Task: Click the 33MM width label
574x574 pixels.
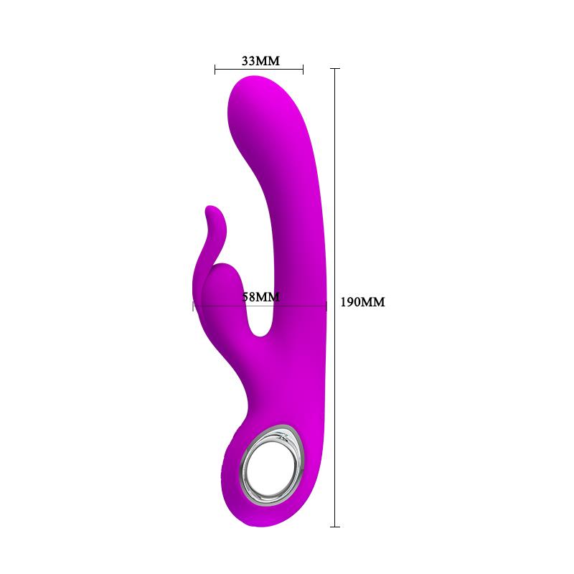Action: coord(260,60)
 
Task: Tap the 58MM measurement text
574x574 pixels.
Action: coord(260,296)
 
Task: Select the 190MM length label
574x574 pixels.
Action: coord(362,302)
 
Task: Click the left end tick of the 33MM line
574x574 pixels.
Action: coord(215,70)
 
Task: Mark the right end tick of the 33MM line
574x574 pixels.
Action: coord(304,70)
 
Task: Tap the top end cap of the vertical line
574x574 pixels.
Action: coord(334,68)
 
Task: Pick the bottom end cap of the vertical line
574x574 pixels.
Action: coord(334,527)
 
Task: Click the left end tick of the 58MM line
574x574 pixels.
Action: coord(193,306)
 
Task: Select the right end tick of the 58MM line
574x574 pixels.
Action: coord(326,306)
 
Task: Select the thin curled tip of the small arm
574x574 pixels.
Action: coord(210,211)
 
